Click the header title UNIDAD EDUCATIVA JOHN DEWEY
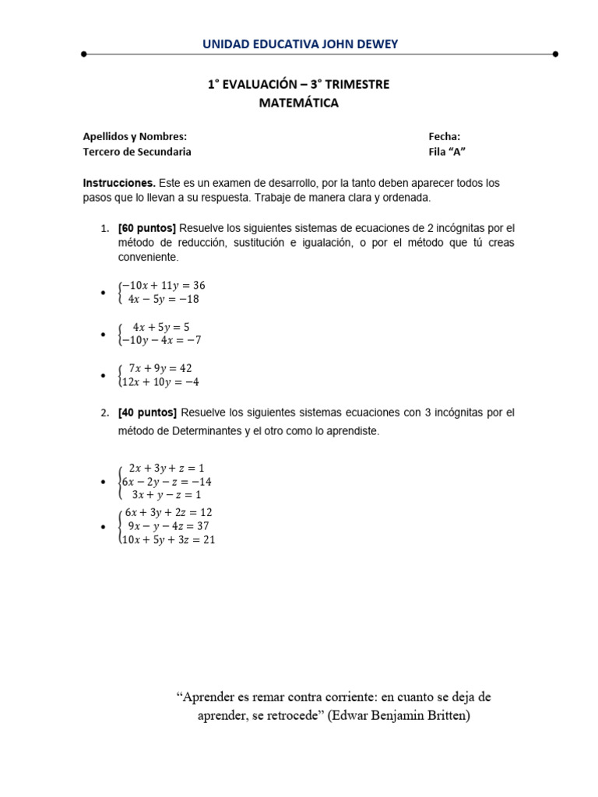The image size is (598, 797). (300, 44)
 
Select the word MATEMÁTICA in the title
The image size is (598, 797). (299, 103)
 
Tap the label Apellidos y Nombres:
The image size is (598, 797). (135, 136)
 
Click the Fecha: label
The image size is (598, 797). (445, 136)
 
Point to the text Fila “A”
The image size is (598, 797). (448, 152)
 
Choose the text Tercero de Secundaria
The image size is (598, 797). (137, 152)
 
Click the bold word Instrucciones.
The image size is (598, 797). (119, 183)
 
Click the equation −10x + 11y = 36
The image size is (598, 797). (163, 286)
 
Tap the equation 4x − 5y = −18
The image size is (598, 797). (164, 299)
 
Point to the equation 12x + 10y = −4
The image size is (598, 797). (161, 381)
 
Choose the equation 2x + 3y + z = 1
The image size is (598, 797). (166, 468)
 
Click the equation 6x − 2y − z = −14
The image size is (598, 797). (167, 482)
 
